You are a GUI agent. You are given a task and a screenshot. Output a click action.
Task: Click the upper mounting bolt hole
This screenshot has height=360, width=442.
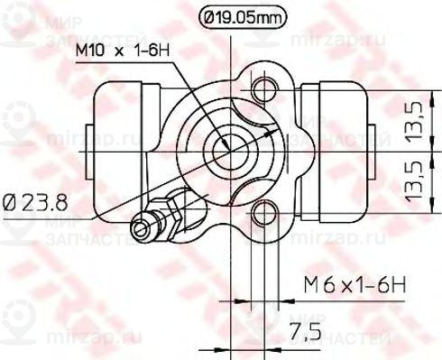(264, 88)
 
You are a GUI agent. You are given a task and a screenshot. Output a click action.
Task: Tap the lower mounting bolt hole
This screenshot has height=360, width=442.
(264, 213)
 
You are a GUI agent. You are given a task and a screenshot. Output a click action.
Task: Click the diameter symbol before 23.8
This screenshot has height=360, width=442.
(10, 200)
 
